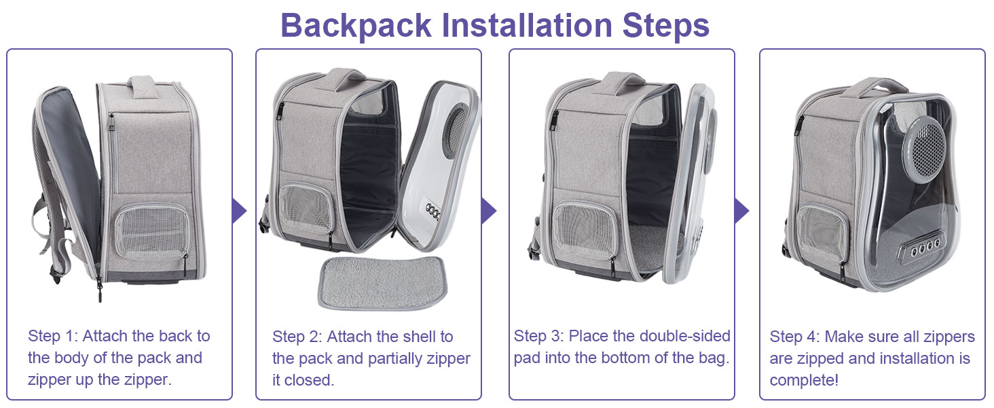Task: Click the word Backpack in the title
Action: tap(356, 26)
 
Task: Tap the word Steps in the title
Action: tap(665, 26)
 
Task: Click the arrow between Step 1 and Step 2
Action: tap(239, 211)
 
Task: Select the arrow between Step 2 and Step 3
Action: tap(489, 211)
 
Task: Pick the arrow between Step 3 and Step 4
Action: tap(741, 211)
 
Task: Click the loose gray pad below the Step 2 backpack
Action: tap(382, 282)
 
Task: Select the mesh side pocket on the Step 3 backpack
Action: tap(585, 231)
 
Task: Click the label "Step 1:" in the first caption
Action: tap(53, 335)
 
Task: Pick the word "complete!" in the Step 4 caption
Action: tap(804, 380)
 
